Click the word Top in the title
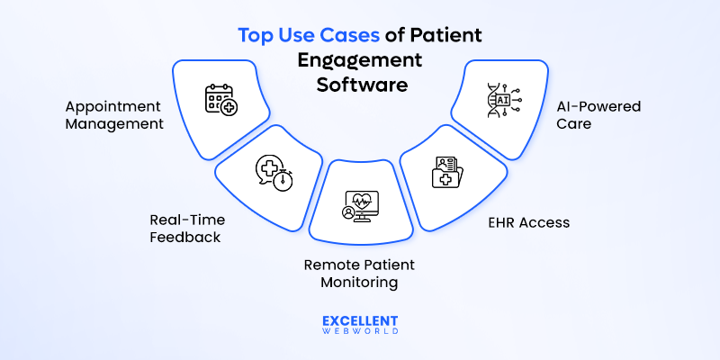point(255,37)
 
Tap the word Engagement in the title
point(359,60)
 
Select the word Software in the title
point(359,85)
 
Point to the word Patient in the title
point(445,37)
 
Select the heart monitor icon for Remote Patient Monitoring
point(358,205)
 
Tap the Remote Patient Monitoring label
point(358,274)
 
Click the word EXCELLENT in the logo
point(359,320)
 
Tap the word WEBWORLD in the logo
point(359,334)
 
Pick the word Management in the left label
point(114,124)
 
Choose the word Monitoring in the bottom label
point(358,283)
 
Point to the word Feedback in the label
point(184,238)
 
